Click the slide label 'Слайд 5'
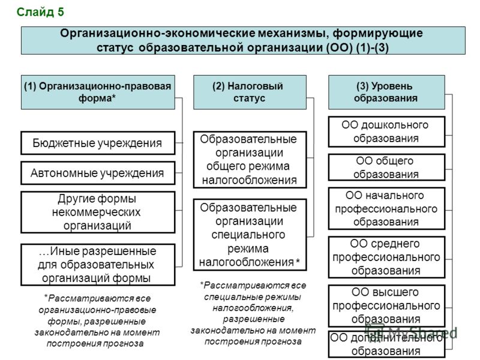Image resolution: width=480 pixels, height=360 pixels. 40,12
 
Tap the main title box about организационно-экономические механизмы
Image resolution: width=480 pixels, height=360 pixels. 243,40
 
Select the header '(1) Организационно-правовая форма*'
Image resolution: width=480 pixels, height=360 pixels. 98,92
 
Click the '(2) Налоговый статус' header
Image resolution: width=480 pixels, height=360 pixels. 250,92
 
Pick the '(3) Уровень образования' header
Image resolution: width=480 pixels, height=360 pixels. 386,92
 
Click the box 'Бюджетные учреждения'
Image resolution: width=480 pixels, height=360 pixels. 98,143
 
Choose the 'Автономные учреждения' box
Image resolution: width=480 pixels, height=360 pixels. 98,173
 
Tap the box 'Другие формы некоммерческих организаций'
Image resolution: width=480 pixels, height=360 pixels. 98,212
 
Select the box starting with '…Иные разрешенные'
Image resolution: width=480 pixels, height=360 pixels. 98,265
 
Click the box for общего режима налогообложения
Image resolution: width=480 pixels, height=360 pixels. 250,160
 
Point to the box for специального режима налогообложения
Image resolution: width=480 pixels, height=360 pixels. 250,235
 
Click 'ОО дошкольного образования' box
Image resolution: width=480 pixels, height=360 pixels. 386,131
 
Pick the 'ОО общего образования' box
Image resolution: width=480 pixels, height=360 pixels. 386,167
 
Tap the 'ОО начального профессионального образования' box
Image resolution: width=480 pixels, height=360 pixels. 386,208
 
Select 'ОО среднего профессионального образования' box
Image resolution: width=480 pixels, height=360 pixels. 386,257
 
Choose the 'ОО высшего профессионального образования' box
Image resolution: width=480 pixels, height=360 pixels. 386,306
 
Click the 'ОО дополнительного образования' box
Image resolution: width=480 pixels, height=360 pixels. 386,344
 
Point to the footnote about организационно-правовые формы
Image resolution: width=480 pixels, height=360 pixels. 97,321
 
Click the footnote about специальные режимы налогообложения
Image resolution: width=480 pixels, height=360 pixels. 253,313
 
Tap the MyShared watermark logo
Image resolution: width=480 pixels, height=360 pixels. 412,332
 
